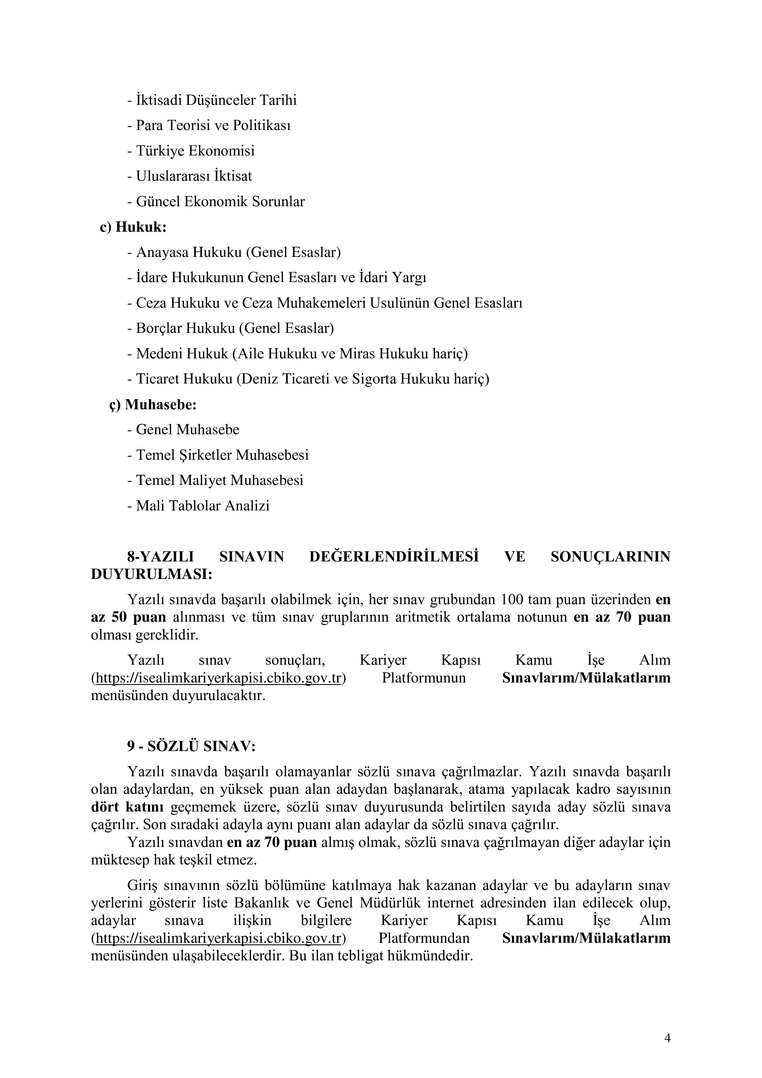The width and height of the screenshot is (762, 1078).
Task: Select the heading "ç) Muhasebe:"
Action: tap(153, 405)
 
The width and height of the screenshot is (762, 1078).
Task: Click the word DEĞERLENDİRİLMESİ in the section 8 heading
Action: tap(394, 557)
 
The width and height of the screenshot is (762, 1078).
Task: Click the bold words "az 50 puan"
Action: tap(129, 617)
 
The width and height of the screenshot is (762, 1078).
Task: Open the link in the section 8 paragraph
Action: tap(218, 678)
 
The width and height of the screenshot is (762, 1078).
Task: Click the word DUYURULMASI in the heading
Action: tap(151, 575)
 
